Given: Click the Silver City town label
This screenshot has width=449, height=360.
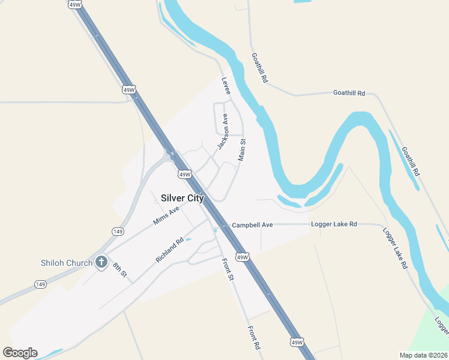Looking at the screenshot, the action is point(182,198).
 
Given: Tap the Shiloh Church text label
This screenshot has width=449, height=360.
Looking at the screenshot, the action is point(67,263).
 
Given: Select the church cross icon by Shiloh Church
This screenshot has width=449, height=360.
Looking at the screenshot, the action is point(101,262).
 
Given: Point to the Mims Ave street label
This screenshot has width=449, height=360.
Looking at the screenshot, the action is point(166,215).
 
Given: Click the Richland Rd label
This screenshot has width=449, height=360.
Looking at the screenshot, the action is point(169,250).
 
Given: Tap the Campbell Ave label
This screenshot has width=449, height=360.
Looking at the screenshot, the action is point(253,224).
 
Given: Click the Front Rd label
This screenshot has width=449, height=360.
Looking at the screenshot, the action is point(254,338).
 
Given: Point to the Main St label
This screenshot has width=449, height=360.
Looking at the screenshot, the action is point(243,149).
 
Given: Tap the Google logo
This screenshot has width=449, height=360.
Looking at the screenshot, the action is point(20,353).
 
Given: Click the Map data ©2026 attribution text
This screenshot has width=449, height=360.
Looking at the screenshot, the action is point(423,355).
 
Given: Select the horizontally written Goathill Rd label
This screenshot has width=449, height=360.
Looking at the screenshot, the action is point(349,93).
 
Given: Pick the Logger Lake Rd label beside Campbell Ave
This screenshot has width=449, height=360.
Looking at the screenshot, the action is point(334,224).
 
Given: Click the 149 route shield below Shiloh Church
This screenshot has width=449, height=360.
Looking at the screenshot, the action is point(40,284).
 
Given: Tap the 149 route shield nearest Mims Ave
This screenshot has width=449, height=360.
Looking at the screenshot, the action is point(118,231).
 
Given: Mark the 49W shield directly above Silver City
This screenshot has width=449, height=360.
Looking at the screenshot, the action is point(184,174).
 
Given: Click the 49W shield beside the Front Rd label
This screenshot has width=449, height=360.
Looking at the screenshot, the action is point(297,342).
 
